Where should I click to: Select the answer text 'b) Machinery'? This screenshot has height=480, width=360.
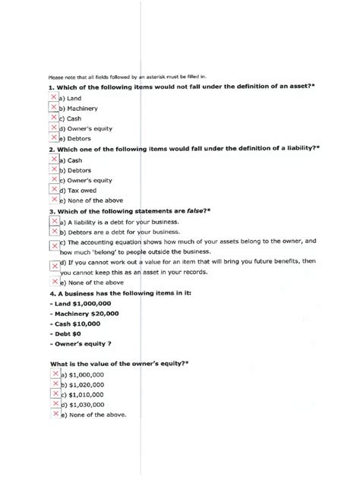click(x=81, y=109)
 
